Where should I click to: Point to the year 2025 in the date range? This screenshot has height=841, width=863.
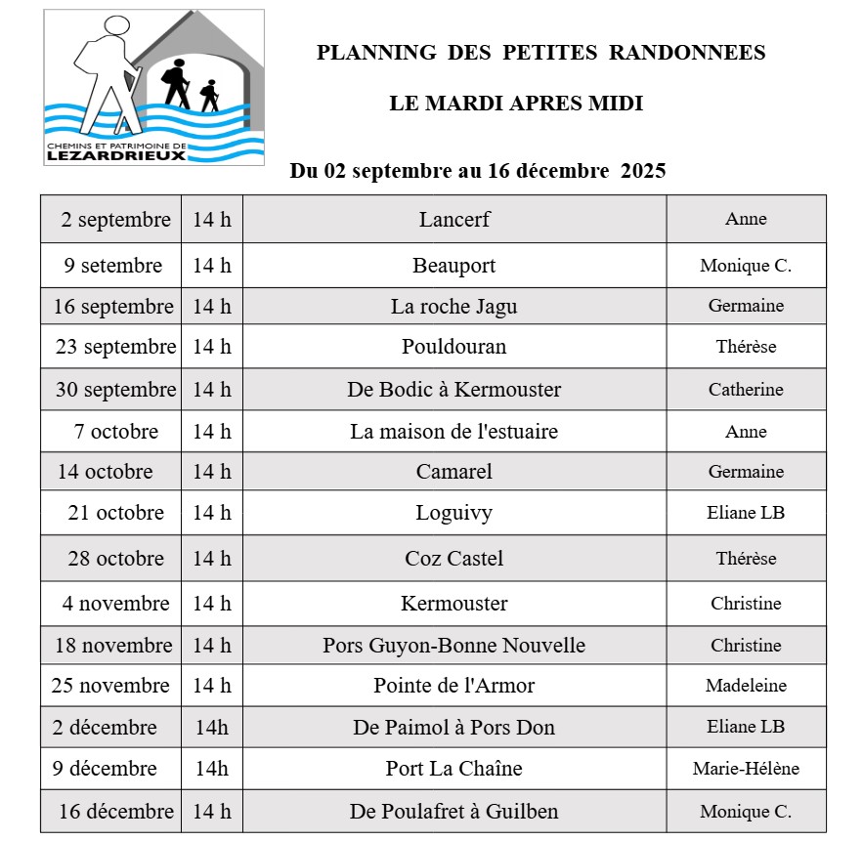click(643, 171)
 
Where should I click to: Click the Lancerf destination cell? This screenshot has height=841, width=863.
click(454, 220)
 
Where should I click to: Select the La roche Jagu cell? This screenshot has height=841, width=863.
click(454, 307)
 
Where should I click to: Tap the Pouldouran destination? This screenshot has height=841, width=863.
click(454, 347)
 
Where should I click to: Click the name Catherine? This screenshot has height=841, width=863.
click(746, 390)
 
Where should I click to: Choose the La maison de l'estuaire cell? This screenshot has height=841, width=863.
click(454, 432)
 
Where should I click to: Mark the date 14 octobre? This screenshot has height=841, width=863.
click(106, 472)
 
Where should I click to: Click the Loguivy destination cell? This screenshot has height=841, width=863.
click(454, 513)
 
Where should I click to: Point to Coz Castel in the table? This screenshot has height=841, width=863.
click(454, 559)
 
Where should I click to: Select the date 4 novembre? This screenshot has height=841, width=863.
click(115, 604)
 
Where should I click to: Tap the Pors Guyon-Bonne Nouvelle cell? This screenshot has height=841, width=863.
click(454, 646)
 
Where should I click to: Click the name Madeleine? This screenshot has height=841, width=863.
click(746, 686)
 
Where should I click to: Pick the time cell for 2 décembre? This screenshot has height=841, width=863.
click(212, 728)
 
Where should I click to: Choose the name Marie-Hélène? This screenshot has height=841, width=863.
click(746, 769)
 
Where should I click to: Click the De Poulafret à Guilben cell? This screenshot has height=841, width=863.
click(454, 812)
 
